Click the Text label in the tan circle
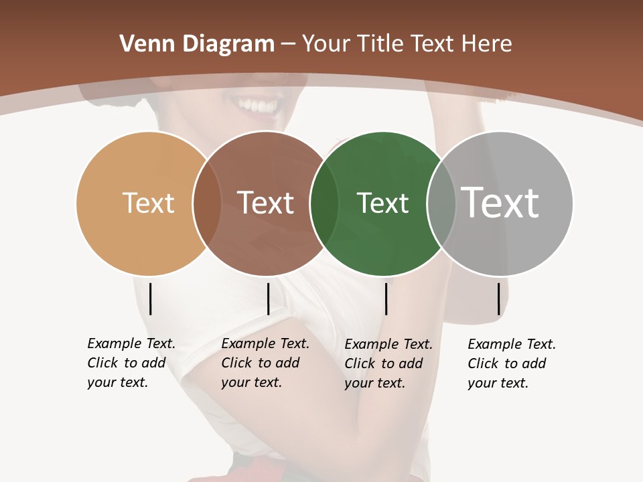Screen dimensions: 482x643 148,203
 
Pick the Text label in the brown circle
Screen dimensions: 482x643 265,203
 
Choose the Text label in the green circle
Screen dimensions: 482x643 382,203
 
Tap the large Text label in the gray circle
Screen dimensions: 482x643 500,203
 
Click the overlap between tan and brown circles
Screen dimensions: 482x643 207,203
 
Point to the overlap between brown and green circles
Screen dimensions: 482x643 324,203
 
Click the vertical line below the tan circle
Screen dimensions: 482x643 151,299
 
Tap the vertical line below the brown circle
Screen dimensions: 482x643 268,299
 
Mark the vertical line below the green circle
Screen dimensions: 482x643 386,299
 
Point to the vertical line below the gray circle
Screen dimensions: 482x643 498,299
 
